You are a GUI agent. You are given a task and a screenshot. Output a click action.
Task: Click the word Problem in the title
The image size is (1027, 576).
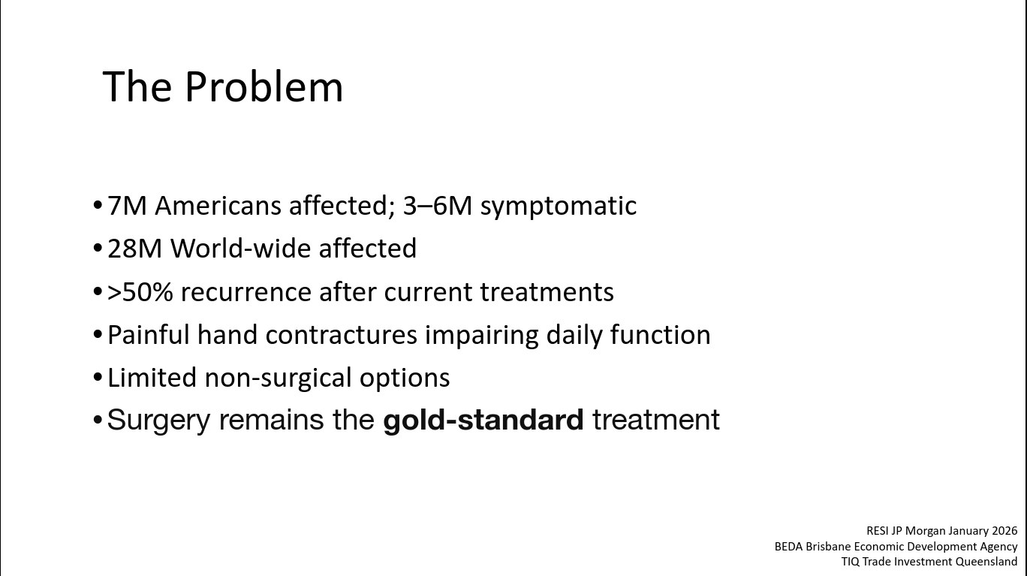tap(264, 86)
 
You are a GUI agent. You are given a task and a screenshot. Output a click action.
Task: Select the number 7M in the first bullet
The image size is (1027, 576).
tap(127, 206)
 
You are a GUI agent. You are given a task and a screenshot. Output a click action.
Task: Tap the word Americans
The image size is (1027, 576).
tap(218, 206)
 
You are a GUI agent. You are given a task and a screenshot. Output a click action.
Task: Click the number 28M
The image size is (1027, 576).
tap(135, 249)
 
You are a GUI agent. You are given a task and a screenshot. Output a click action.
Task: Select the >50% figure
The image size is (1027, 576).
tap(140, 291)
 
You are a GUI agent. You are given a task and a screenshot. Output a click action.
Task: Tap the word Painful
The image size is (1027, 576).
tap(149, 334)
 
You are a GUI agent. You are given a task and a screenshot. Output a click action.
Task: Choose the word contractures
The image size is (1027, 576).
tap(341, 335)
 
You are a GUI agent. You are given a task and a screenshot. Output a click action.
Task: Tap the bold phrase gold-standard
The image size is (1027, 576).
tap(483, 420)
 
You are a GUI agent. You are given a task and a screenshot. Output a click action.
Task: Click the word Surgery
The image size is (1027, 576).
tap(158, 420)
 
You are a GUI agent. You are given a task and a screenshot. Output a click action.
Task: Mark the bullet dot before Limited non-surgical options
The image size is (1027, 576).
tap(97, 378)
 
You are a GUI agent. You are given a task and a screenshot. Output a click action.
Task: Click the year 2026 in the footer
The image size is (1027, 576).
tap(1004, 531)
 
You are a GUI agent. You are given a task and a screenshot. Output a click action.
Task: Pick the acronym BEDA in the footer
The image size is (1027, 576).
tap(788, 546)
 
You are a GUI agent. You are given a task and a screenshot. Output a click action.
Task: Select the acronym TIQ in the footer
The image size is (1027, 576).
tap(851, 561)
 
